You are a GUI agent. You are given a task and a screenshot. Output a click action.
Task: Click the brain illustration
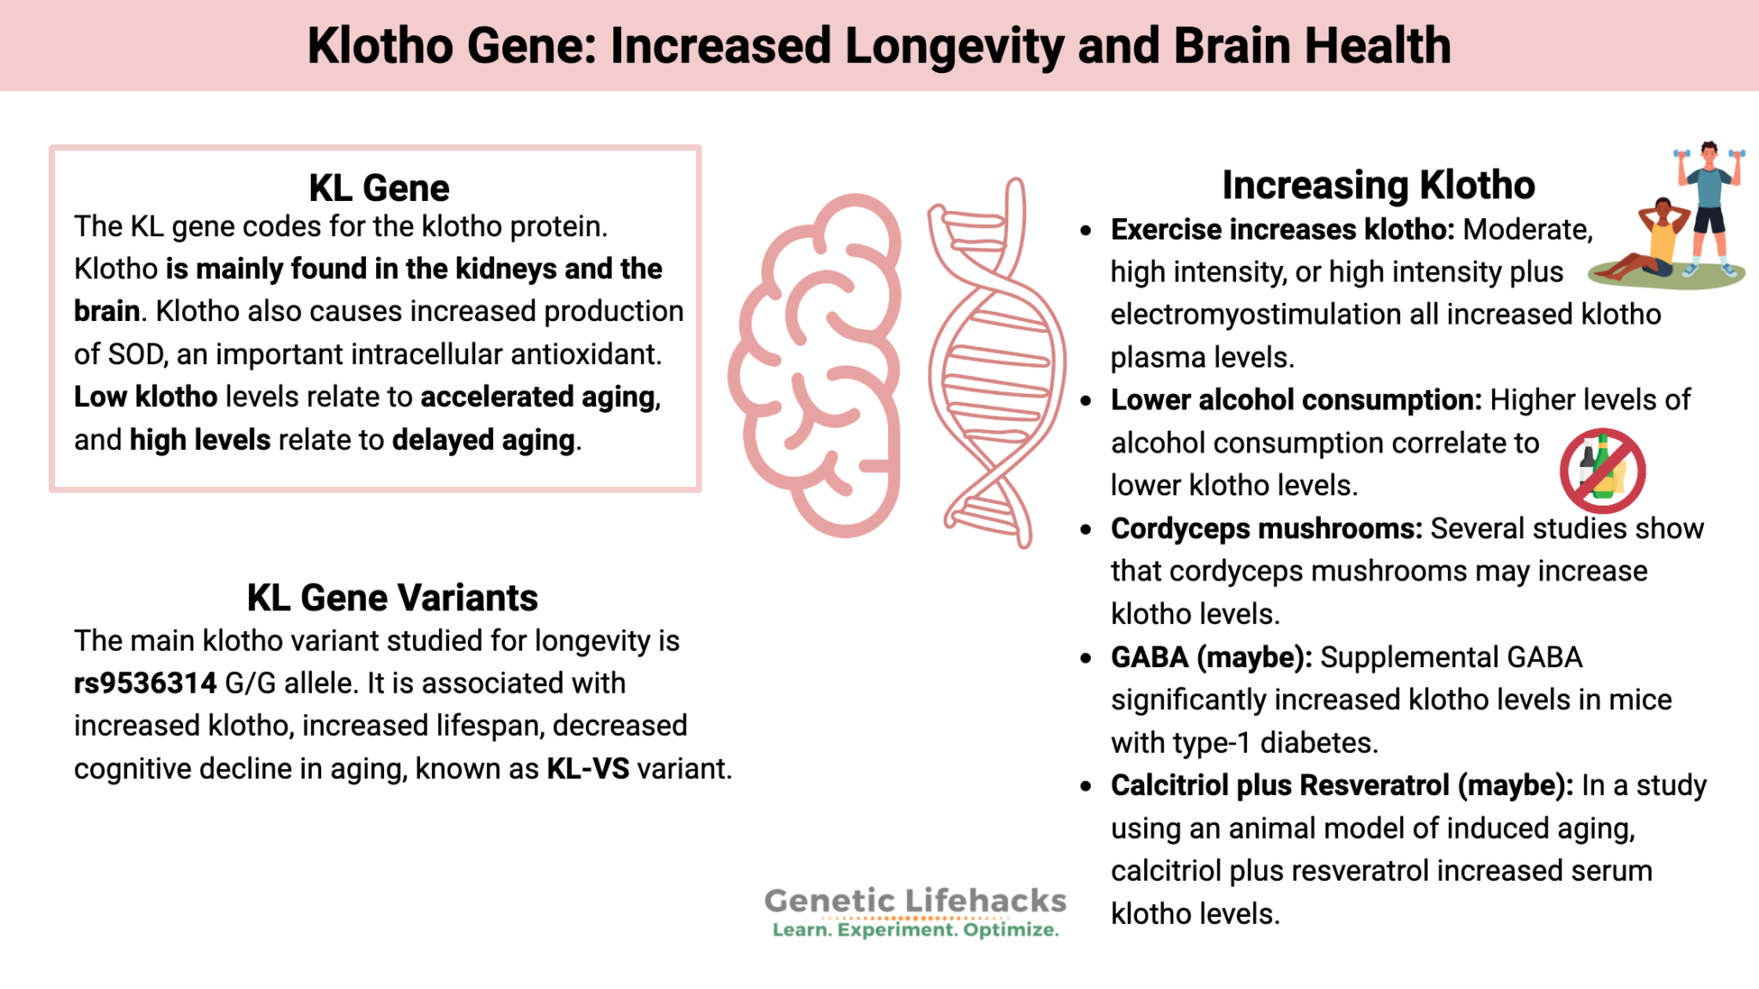click(x=816, y=365)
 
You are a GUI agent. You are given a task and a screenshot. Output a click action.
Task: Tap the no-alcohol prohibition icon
click(x=1602, y=470)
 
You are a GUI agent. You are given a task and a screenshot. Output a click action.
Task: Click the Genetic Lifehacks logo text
click(x=915, y=901)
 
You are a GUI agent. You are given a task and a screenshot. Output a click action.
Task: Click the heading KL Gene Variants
click(x=393, y=598)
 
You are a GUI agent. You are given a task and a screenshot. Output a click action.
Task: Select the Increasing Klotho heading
click(x=1378, y=185)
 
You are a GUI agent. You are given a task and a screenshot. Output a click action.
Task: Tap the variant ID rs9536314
click(x=145, y=683)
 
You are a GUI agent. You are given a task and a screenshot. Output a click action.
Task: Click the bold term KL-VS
click(x=587, y=768)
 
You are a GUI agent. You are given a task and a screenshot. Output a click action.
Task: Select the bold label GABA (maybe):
click(x=1211, y=657)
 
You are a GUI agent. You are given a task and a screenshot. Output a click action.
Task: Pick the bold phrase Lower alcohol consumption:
click(x=1296, y=400)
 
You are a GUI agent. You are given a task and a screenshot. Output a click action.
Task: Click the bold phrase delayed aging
click(x=483, y=440)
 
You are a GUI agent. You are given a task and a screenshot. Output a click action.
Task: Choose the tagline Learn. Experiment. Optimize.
click(x=915, y=930)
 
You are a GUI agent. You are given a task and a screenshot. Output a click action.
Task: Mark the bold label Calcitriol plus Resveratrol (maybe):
click(x=1342, y=786)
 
